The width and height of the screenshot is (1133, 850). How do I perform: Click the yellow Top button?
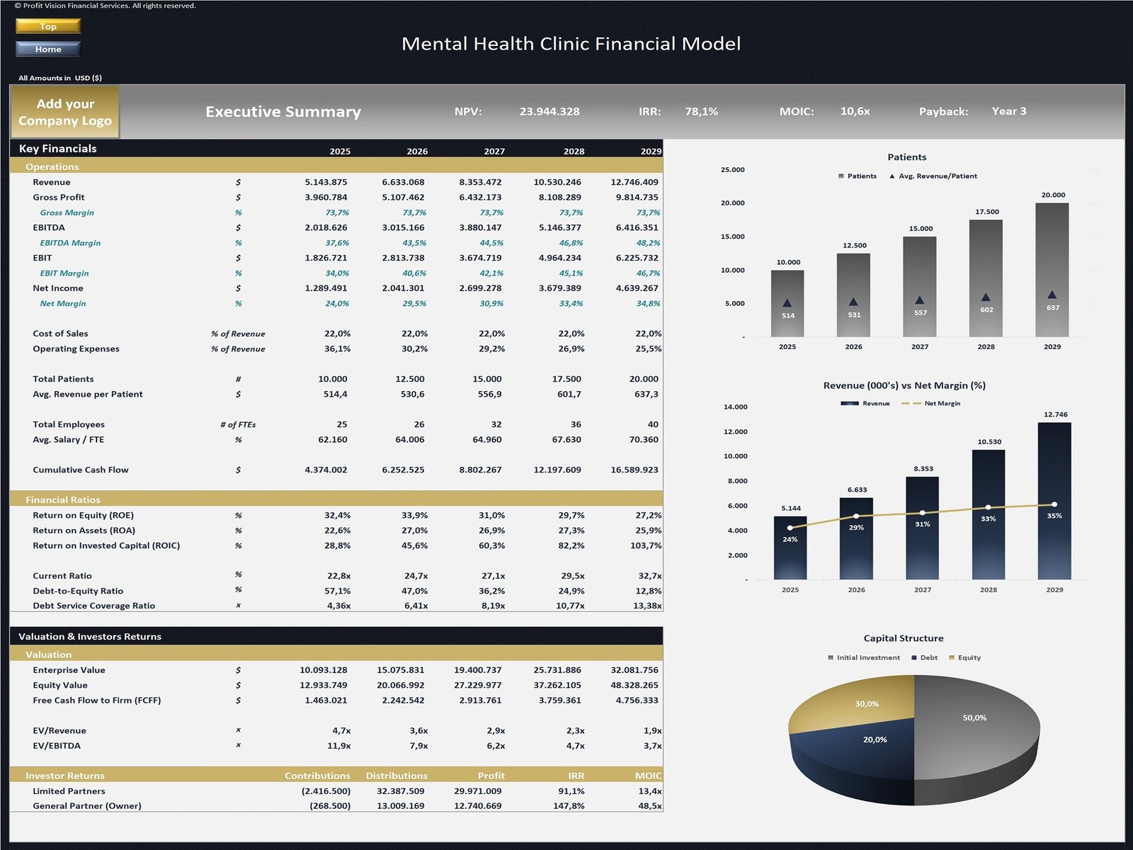[x=48, y=26]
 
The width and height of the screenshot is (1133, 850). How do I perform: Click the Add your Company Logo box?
[x=65, y=112]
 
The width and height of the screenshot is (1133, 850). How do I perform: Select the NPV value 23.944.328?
[x=550, y=111]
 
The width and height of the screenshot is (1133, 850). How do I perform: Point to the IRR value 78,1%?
[x=701, y=111]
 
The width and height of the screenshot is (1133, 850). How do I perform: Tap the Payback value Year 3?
[x=1008, y=111]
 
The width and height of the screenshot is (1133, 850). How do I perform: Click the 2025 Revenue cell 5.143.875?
[x=326, y=182]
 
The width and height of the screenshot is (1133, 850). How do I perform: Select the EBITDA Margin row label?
[x=70, y=243]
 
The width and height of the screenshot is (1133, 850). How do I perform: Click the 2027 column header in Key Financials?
[x=494, y=152]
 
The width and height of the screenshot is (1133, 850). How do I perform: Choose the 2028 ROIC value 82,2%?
[x=571, y=545]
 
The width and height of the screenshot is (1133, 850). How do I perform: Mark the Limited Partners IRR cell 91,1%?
[x=571, y=791]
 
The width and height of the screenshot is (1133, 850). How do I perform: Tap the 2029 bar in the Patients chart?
[x=1052, y=269]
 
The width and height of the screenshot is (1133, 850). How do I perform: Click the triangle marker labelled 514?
[x=787, y=303]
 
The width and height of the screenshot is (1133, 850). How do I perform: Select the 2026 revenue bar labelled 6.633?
[x=856, y=538]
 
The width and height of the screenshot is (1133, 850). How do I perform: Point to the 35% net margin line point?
[x=1054, y=504]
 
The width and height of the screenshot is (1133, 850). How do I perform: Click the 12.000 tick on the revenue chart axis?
[x=735, y=431]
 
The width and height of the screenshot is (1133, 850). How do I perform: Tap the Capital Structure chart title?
[x=903, y=638]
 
